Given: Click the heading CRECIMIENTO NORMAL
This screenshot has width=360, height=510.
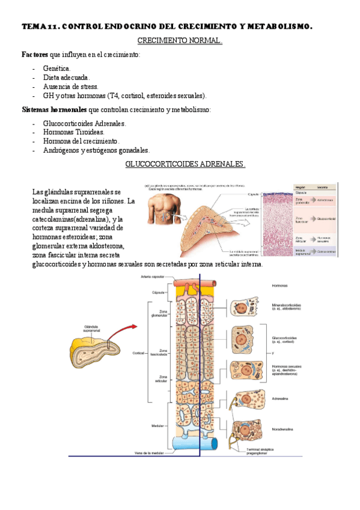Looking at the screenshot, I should coord(180,41).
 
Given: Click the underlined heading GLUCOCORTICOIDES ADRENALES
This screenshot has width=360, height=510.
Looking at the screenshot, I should coord(185,164).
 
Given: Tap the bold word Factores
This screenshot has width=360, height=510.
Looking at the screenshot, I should coord(35,55).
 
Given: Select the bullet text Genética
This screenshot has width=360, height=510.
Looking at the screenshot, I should coord(56,69).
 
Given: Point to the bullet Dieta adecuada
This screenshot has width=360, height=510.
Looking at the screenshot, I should coord(66,78).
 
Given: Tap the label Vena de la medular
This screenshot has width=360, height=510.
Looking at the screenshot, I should coord(151,453).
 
